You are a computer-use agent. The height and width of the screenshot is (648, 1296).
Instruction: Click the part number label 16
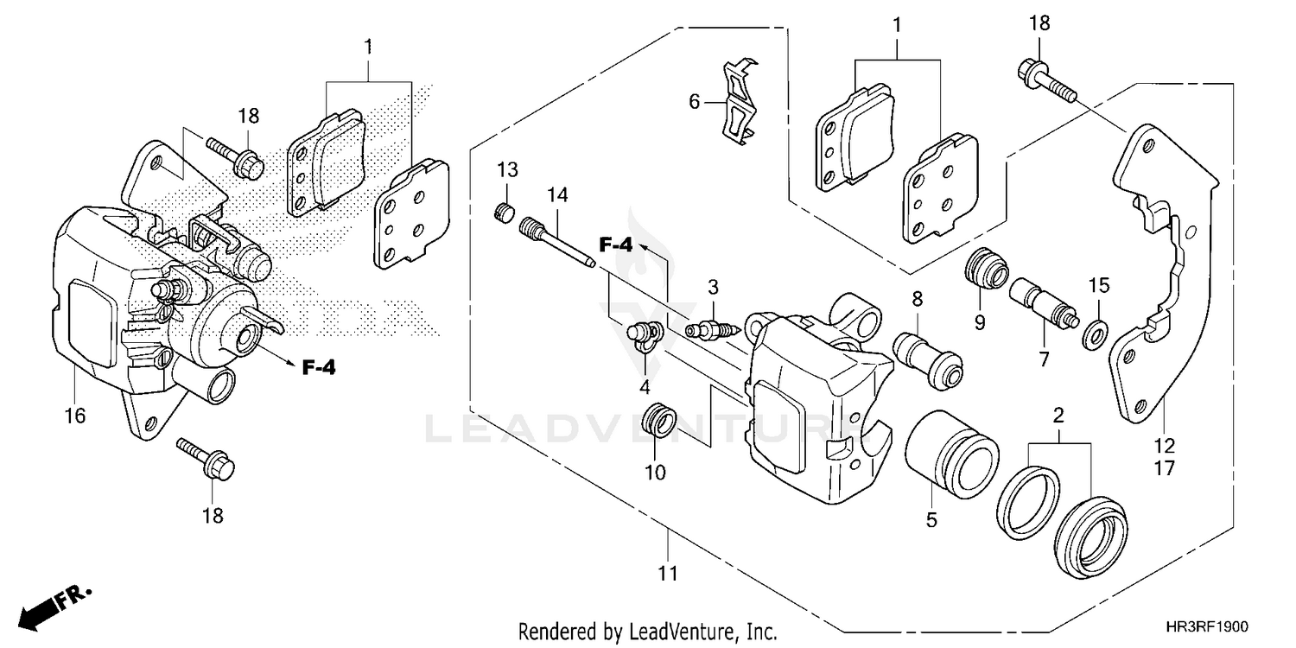coord(75,416)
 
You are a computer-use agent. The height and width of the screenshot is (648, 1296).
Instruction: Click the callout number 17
coord(1164,468)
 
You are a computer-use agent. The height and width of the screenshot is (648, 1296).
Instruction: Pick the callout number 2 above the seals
coord(1058,416)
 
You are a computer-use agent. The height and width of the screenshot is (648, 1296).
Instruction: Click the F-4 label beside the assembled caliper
coord(318,368)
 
